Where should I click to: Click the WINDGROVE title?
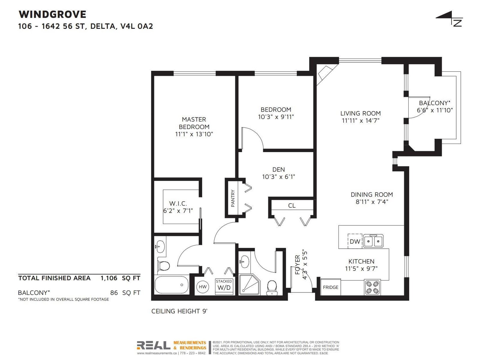click(52, 14)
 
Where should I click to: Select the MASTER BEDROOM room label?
click(194, 123)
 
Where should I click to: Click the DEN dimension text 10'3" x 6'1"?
click(279, 177)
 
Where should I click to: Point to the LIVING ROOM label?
click(361, 113)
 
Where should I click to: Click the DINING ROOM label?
click(372, 194)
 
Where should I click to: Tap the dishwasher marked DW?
click(355, 241)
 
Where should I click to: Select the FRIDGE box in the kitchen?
click(330, 287)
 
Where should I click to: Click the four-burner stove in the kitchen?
click(372, 287)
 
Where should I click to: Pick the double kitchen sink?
click(373, 241)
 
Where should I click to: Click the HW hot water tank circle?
click(203, 287)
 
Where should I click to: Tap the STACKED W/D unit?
click(224, 286)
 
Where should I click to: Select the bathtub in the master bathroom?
click(172, 285)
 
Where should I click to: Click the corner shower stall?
click(249, 285)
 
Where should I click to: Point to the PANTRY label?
click(233, 198)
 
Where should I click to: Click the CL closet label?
click(292, 205)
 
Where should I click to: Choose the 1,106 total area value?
click(109, 278)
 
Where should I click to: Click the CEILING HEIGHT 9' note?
click(179, 311)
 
